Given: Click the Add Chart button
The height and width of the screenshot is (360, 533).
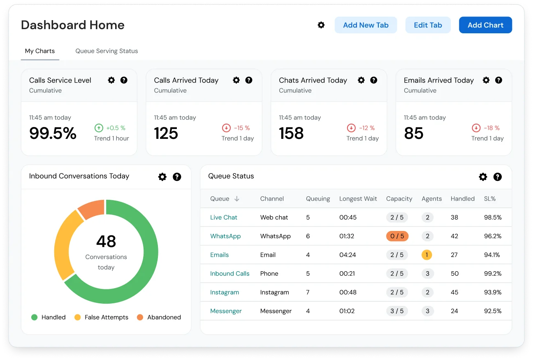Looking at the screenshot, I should pyautogui.click(x=485, y=25).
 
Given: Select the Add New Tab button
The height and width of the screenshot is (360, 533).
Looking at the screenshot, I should pyautogui.click(x=366, y=25).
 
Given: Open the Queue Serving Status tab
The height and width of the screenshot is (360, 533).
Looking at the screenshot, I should pyautogui.click(x=107, y=51).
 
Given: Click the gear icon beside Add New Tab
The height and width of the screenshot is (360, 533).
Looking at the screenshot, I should pyautogui.click(x=321, y=25).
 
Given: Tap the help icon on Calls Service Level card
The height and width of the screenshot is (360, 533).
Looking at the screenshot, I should pyautogui.click(x=124, y=80).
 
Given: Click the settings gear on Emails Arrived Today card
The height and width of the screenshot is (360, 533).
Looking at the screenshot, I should pyautogui.click(x=486, y=80).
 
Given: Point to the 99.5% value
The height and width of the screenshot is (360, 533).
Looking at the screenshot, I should pyautogui.click(x=53, y=133).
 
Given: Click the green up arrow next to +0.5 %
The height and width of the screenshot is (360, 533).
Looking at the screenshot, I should pyautogui.click(x=99, y=128).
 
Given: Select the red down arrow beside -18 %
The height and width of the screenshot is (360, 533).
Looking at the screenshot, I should pyautogui.click(x=476, y=128).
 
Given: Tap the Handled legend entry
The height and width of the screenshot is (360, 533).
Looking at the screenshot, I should pyautogui.click(x=49, y=317).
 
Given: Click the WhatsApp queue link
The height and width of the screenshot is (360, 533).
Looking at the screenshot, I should pyautogui.click(x=225, y=236).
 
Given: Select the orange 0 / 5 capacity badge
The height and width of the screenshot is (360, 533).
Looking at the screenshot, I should pyautogui.click(x=397, y=236).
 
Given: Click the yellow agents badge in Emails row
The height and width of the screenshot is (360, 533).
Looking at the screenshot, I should pyautogui.click(x=426, y=255).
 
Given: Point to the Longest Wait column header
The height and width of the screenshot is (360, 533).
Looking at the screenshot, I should pyautogui.click(x=358, y=198).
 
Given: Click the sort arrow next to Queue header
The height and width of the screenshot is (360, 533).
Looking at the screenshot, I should pyautogui.click(x=237, y=198).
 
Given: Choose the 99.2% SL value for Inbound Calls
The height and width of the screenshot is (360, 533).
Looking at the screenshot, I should pyautogui.click(x=493, y=274).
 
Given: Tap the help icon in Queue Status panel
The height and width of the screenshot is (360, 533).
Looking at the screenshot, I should pyautogui.click(x=498, y=177).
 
